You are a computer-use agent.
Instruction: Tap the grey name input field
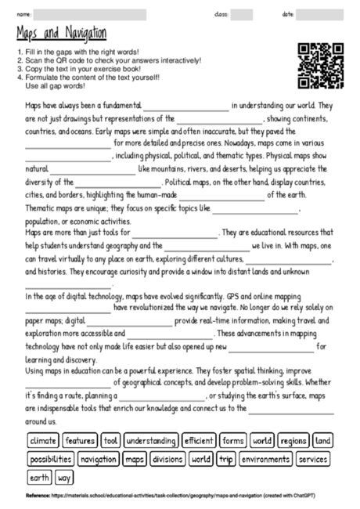[109, 14]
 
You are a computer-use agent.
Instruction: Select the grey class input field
[241, 14]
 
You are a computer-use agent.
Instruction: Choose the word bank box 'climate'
[43, 441]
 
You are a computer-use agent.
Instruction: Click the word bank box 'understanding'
[150, 441]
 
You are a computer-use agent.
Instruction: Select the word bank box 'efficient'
[199, 441]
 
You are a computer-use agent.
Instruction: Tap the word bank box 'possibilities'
[51, 459]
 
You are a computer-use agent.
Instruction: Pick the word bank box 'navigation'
[98, 459]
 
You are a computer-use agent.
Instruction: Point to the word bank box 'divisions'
[167, 459]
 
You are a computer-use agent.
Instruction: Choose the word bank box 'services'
[314, 459]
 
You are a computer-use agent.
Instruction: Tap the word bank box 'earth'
[39, 477]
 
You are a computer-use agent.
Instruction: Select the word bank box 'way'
[64, 477]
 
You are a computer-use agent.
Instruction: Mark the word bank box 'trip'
[226, 459]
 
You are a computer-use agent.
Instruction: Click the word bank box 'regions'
[293, 441]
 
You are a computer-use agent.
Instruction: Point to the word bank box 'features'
[81, 441]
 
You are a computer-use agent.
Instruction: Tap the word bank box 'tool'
[110, 441]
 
